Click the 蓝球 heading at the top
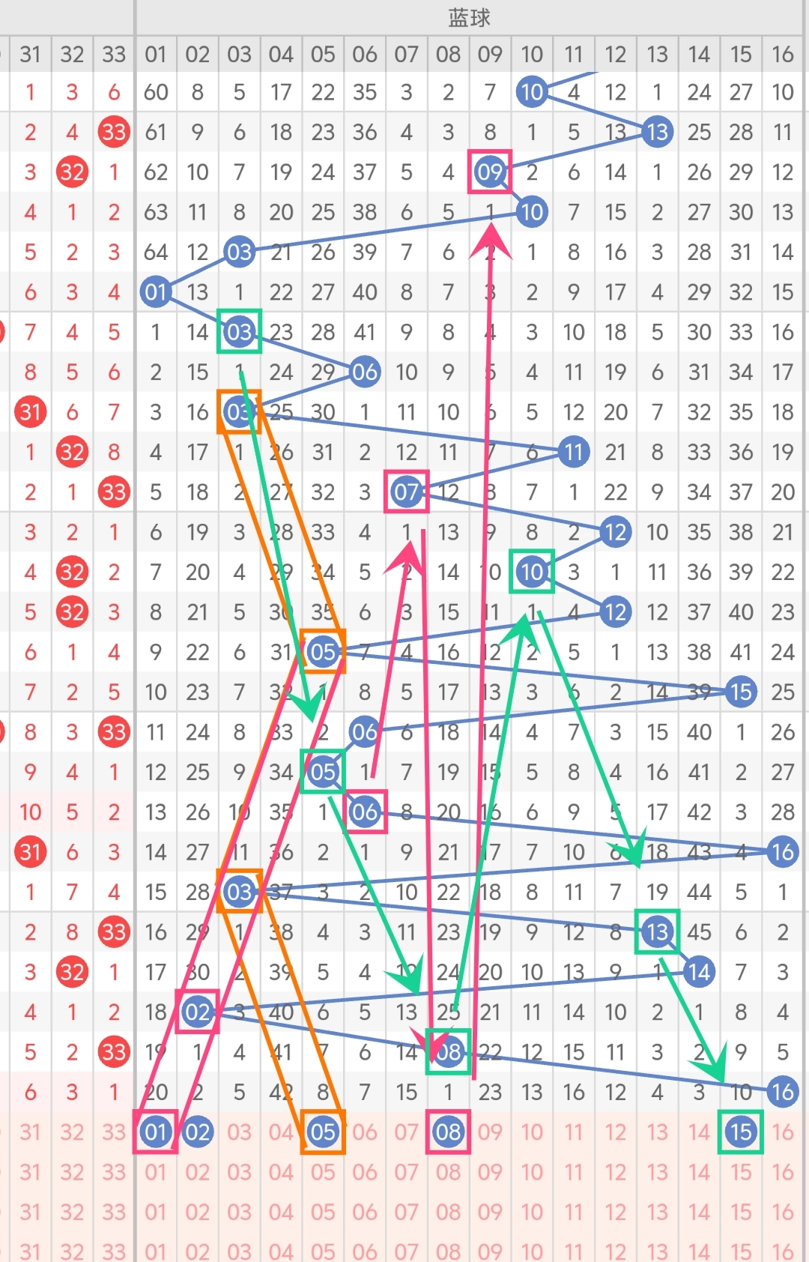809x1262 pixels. [x=469, y=17]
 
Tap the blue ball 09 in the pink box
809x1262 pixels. [x=490, y=172]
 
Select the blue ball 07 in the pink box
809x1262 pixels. [x=406, y=492]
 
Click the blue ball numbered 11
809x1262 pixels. [x=573, y=452]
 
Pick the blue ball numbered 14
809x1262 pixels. [x=699, y=972]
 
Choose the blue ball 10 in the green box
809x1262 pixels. [x=532, y=572]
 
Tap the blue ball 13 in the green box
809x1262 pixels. [x=657, y=932]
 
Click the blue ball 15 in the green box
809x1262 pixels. [x=741, y=1132]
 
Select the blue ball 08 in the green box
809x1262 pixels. [x=448, y=1052]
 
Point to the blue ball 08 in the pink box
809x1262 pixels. [x=448, y=1132]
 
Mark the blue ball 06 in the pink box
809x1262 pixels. [x=365, y=812]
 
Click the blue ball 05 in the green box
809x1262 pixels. [x=323, y=771]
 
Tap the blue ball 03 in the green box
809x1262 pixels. [x=239, y=331]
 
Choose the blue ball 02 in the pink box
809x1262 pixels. [x=197, y=1012]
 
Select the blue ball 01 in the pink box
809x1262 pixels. [x=156, y=1132]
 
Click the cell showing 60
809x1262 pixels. [x=156, y=92]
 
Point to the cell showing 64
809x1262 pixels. [x=156, y=252]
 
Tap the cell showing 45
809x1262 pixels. [x=699, y=932]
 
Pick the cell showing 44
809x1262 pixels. [x=699, y=892]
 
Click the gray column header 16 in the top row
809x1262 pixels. [x=783, y=54]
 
